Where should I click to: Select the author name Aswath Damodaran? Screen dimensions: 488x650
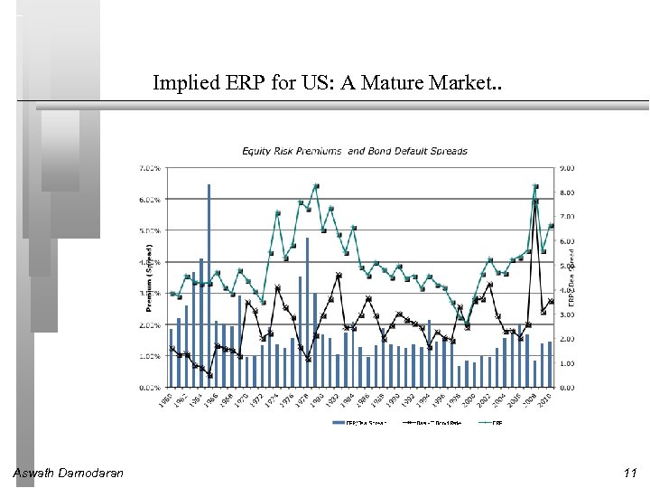[69, 473]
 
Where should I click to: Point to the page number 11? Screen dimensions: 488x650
[629, 473]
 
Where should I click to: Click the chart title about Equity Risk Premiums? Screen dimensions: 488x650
[354, 151]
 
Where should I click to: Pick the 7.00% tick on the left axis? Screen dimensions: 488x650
[150, 168]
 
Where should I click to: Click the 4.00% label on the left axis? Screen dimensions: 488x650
[150, 262]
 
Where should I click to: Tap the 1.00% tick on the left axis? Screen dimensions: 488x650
[150, 356]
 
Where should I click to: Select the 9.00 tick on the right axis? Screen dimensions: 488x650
[567, 168]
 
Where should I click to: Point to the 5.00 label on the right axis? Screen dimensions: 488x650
[567, 266]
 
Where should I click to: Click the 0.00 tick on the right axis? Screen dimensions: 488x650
[567, 388]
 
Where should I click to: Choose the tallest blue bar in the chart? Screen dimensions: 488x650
[209, 271]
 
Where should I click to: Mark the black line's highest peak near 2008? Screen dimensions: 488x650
[535, 202]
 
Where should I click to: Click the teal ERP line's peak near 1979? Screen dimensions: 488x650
[316, 186]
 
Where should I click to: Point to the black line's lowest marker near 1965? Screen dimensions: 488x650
[209, 374]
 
